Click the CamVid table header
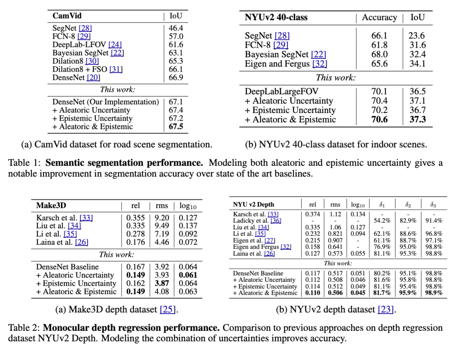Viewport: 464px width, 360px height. pyautogui.click(x=67, y=16)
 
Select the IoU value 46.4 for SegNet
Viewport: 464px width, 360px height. pyautogui.click(x=176, y=28)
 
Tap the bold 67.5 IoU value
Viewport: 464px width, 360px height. pyautogui.click(x=176, y=126)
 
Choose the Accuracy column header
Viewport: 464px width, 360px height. pyautogui.click(x=379, y=18)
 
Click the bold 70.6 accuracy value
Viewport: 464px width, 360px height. pyautogui.click(x=379, y=119)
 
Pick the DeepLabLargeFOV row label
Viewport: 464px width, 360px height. pyautogui.click(x=282, y=91)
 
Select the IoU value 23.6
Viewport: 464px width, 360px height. pyautogui.click(x=417, y=36)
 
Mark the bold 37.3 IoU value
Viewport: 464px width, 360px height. pyautogui.click(x=417, y=119)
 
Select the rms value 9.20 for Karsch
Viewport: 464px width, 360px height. pyautogui.click(x=159, y=218)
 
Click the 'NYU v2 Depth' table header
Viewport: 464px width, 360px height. pyautogui.click(x=253, y=204)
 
